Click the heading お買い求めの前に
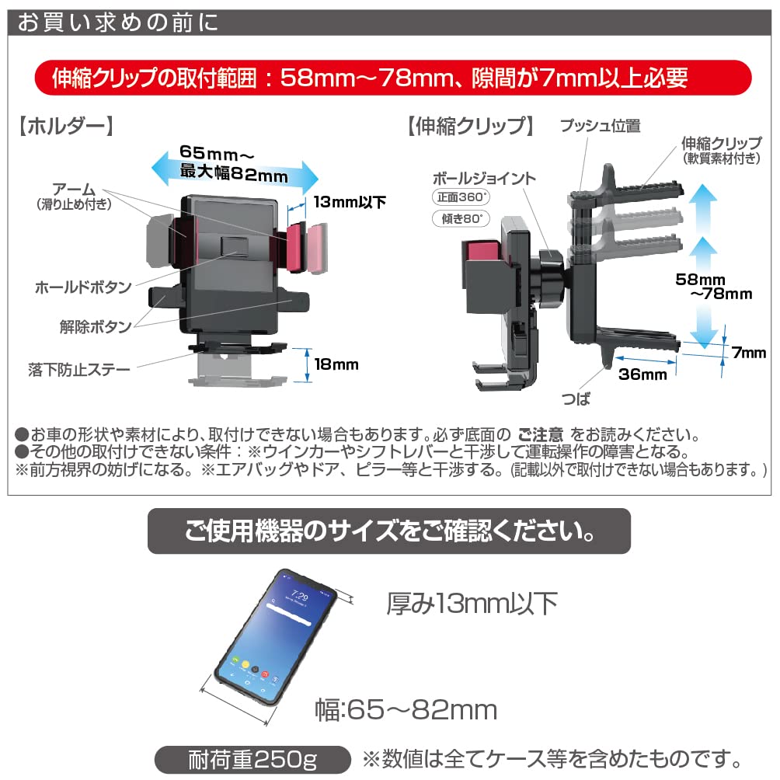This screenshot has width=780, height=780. coord(118,21)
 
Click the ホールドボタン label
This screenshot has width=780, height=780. coord(83,287)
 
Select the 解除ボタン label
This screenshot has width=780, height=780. coord(96,326)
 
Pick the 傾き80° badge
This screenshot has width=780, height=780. coord(458,220)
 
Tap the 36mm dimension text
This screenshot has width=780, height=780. coord(642,375)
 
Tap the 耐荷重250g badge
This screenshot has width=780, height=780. coord(246,759)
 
